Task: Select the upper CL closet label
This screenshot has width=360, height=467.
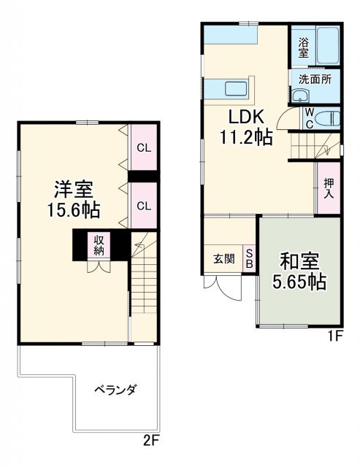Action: click(143, 147)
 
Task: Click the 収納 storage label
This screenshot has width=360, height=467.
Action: click(99, 245)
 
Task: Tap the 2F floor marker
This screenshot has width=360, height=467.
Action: click(150, 441)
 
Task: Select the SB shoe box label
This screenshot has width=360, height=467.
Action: click(248, 258)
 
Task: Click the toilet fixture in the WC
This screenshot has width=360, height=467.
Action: click(329, 117)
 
